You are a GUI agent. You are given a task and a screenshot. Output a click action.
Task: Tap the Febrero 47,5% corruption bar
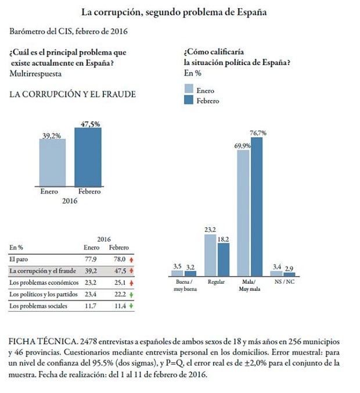tap(87, 157)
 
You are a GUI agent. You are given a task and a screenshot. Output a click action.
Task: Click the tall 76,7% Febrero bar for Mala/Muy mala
tap(257, 206)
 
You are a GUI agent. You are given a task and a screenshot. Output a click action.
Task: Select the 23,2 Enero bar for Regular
tap(211, 255)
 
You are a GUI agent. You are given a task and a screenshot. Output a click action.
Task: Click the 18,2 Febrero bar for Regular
tap(224, 259)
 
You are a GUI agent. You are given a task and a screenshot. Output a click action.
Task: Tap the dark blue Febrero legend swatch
tap(189, 101)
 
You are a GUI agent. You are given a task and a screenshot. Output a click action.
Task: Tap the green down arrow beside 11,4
tap(131, 305)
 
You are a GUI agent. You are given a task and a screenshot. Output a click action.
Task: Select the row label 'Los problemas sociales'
tap(38, 305)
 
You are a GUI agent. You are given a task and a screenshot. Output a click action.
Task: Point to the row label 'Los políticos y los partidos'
tap(44, 294)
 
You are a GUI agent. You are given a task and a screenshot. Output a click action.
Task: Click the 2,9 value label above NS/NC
tap(289, 267)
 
